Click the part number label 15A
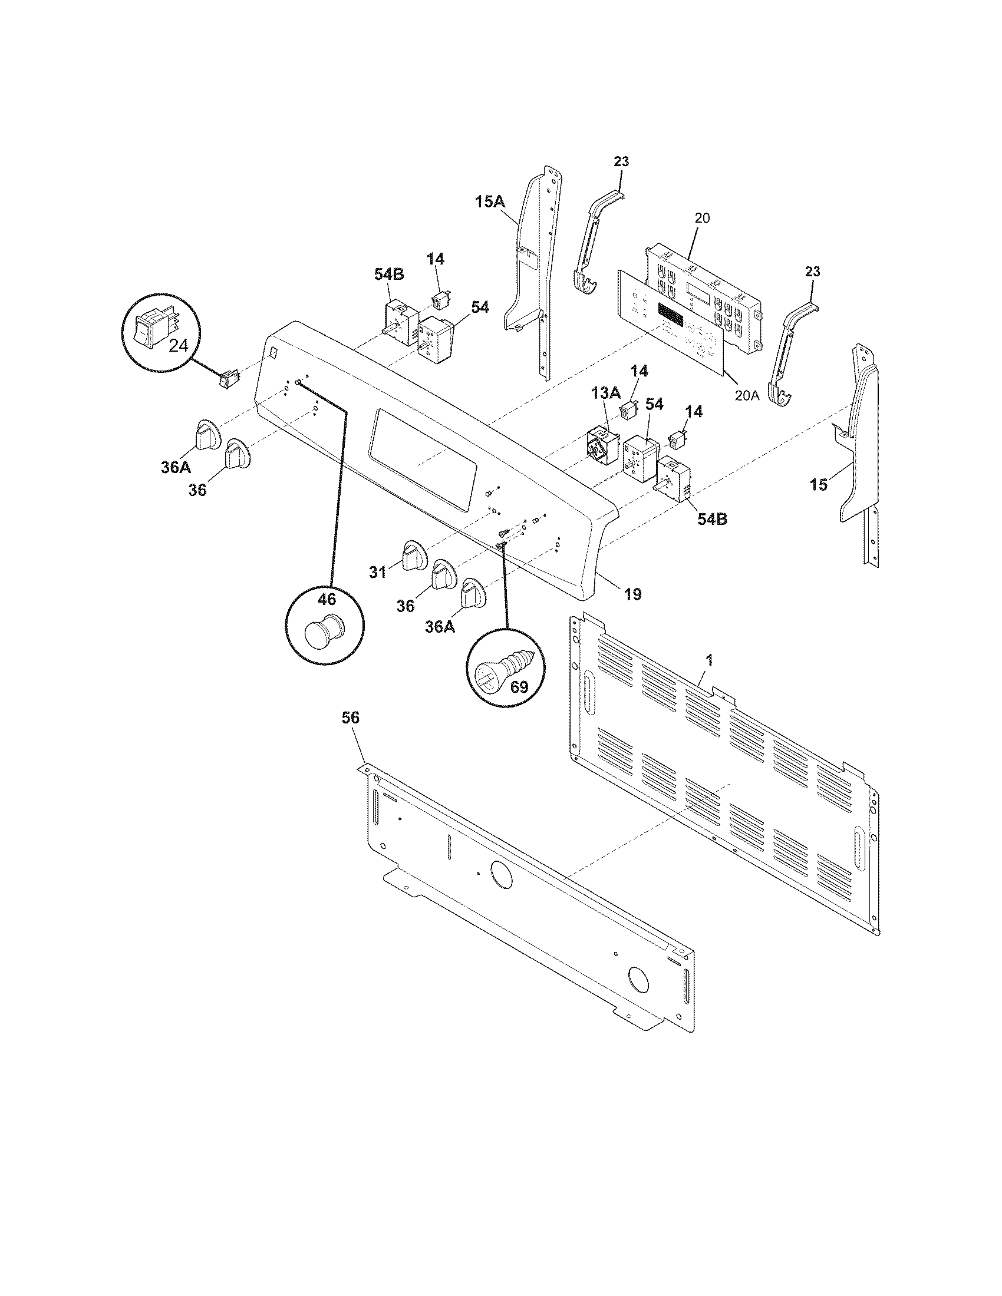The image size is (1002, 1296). click(x=490, y=202)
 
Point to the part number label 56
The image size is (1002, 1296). click(x=350, y=718)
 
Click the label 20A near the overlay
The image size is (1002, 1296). click(x=746, y=395)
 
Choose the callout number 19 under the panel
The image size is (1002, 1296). click(x=633, y=593)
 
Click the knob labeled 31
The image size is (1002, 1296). click(x=414, y=556)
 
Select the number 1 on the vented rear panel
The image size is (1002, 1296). click(x=710, y=659)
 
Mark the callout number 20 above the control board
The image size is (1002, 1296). click(x=701, y=218)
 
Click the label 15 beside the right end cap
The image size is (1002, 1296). click(x=818, y=485)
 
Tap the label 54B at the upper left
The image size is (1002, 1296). click(x=389, y=274)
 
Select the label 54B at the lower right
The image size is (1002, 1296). click(x=712, y=518)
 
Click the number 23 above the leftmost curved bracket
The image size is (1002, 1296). click(x=621, y=161)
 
